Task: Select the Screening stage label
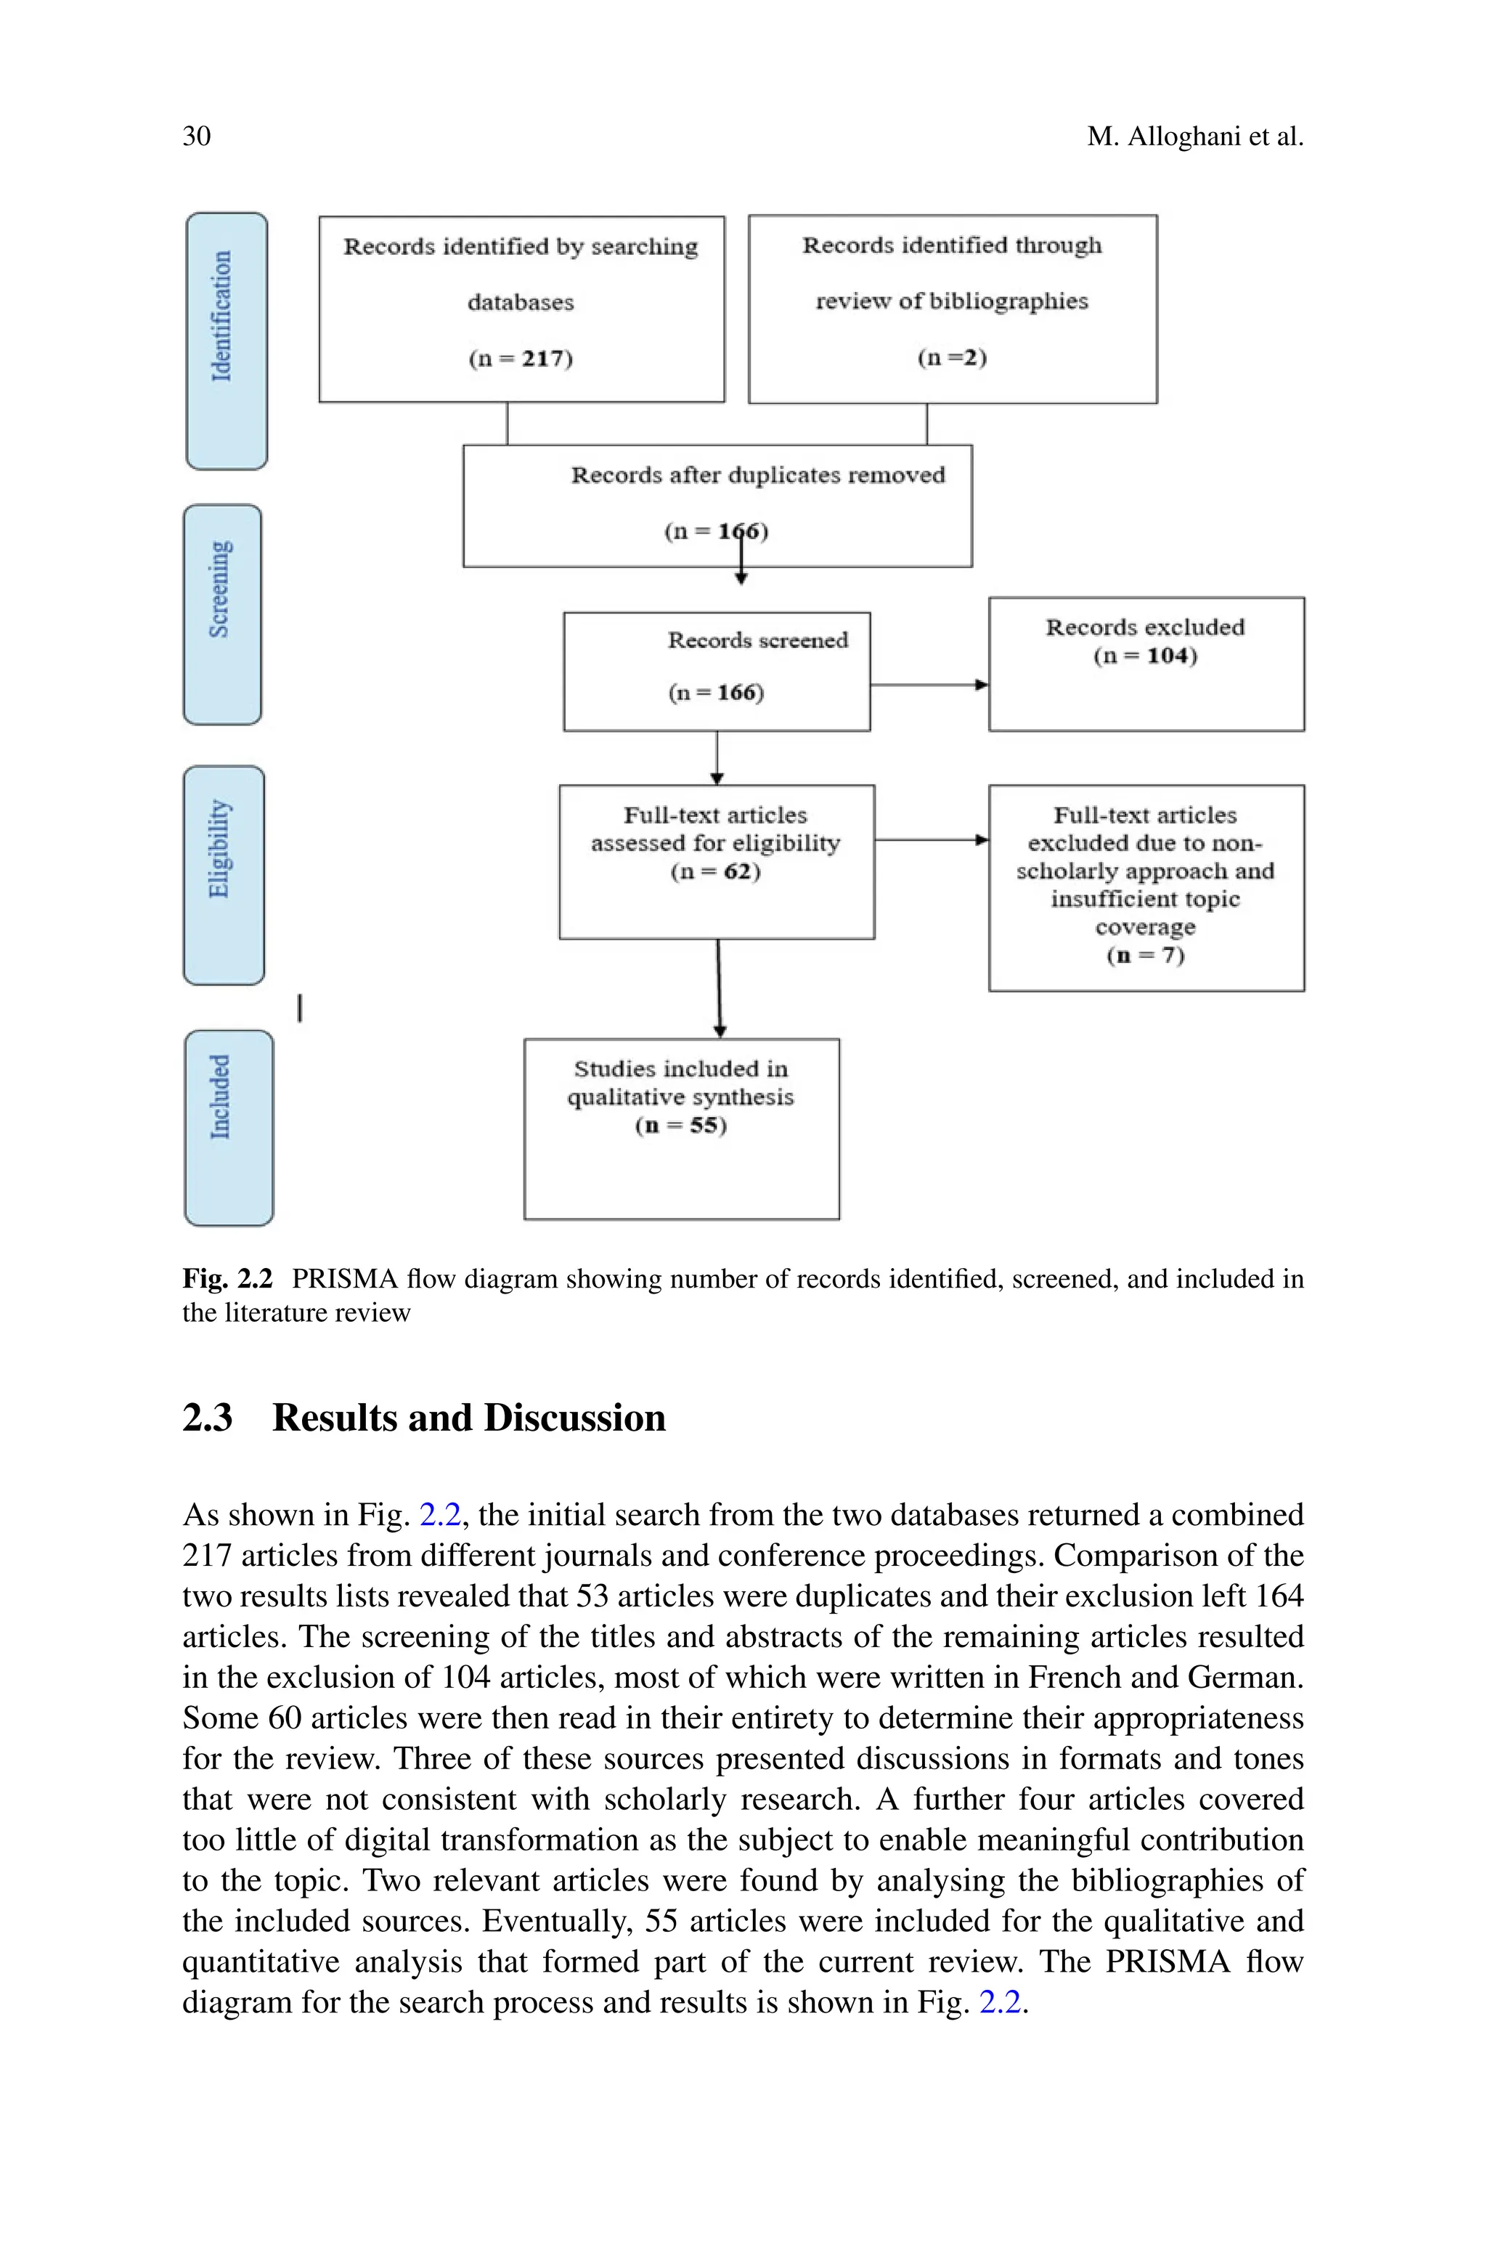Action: coord(221,589)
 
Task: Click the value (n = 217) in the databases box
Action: coord(521,359)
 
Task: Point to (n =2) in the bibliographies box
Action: coord(952,357)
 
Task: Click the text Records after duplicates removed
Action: coord(758,475)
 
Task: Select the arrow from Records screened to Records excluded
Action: coord(929,685)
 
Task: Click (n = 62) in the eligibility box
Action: coord(715,871)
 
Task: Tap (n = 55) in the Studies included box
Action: coord(681,1126)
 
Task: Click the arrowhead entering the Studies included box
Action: coord(720,1032)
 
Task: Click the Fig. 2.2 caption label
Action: coord(227,1279)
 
